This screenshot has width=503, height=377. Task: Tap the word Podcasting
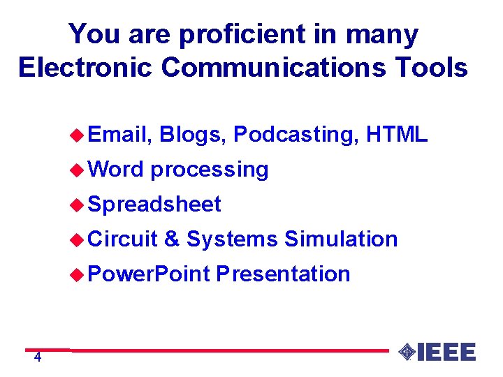(x=294, y=134)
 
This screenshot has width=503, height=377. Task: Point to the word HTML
(x=397, y=134)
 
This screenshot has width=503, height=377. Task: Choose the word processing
(x=210, y=170)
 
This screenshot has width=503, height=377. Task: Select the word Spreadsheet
(x=155, y=205)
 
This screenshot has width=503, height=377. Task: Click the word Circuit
(x=124, y=239)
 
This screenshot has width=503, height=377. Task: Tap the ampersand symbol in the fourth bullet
(x=172, y=239)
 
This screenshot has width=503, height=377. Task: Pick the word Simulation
(x=341, y=239)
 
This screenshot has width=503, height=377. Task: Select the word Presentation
(x=283, y=274)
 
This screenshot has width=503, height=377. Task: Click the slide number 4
(x=38, y=358)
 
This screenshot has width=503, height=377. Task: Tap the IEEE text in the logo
(x=447, y=352)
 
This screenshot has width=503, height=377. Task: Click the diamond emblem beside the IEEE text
(x=407, y=352)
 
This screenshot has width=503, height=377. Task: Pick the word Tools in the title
(x=432, y=67)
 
